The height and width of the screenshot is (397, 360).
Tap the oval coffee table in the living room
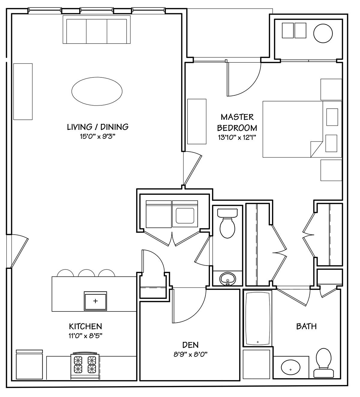[97, 91]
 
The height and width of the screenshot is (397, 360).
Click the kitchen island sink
[95, 301]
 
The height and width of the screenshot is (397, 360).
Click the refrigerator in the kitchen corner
[29, 366]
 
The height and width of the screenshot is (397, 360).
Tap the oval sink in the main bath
[290, 367]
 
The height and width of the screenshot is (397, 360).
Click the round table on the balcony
[323, 33]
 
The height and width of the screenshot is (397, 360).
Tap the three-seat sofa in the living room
[97, 29]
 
